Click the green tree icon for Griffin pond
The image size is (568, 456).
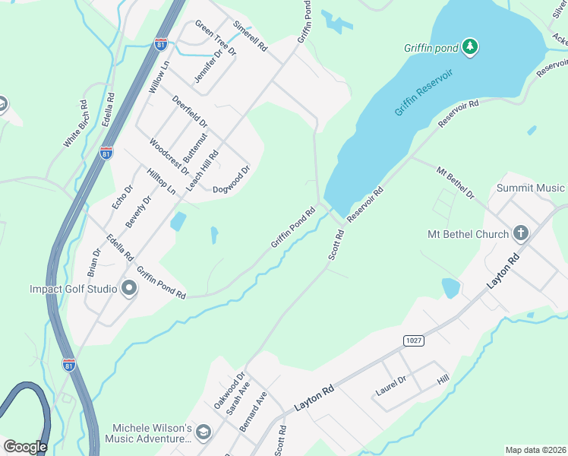pyautogui.click(x=471, y=47)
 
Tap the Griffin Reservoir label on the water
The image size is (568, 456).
pyautogui.click(x=423, y=92)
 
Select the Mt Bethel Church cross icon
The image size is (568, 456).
pyautogui.click(x=520, y=233)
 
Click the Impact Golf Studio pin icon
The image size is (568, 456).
pyautogui.click(x=128, y=288)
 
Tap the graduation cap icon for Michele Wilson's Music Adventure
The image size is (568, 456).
pyautogui.click(x=203, y=432)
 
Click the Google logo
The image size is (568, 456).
pyautogui.click(x=24, y=447)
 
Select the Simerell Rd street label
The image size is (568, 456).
pyautogui.click(x=251, y=36)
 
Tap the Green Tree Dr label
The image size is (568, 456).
pyautogui.click(x=216, y=38)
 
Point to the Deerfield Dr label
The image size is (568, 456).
pyautogui.click(x=189, y=112)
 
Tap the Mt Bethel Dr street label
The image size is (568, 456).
pyautogui.click(x=455, y=182)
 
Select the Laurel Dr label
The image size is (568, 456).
pyautogui.click(x=392, y=386)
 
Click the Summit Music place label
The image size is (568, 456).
pyautogui.click(x=531, y=188)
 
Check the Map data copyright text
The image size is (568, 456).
pyautogui.click(x=535, y=450)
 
